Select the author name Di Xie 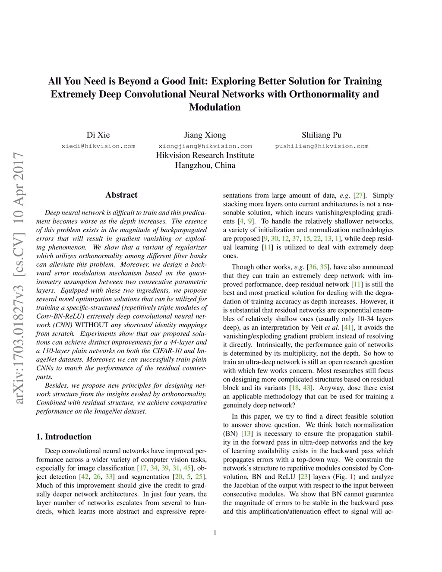[x=98, y=135]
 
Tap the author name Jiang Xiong [x=205, y=135]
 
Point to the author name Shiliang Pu [x=322, y=135]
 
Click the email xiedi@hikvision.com [x=98, y=146]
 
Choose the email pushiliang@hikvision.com [x=322, y=146]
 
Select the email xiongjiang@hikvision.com [x=205, y=146]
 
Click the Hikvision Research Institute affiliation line [x=205, y=155]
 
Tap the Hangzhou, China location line [x=205, y=165]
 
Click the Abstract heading [x=121, y=195]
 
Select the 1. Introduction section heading [x=64, y=436]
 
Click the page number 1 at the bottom [x=215, y=533]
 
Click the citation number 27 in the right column [x=359, y=196]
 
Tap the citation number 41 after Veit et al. [x=347, y=328]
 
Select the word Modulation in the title [x=215, y=107]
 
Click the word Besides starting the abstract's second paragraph [x=57, y=386]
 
